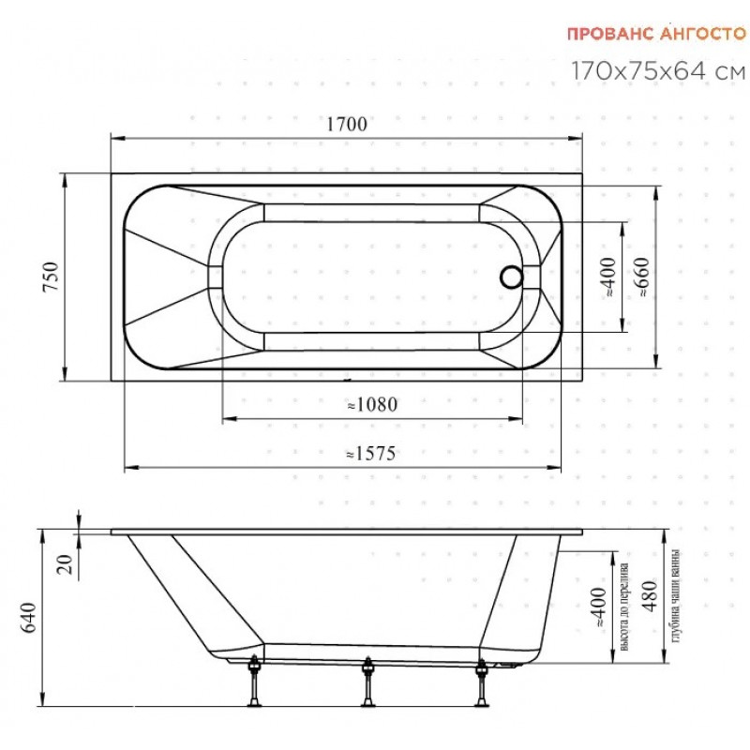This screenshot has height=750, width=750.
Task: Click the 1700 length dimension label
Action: (x=347, y=124)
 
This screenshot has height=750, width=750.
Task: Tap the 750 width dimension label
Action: (x=52, y=277)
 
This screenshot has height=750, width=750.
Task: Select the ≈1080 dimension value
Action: (x=372, y=405)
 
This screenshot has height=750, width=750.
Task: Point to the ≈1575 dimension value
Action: (x=371, y=453)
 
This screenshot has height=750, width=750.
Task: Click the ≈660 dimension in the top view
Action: (x=642, y=277)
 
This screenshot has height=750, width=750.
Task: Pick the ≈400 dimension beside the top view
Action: (x=607, y=277)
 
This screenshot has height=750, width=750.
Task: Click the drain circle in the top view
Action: (x=512, y=277)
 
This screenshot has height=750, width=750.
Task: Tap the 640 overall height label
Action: (x=29, y=618)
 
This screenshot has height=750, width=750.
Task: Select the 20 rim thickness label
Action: (x=65, y=564)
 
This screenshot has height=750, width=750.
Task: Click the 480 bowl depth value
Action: (x=650, y=595)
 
